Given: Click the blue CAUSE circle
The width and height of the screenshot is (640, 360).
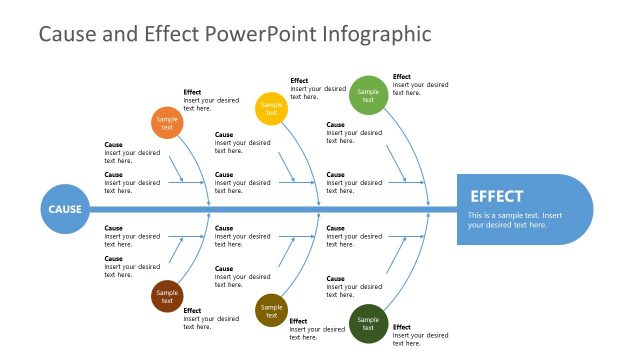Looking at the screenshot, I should (65, 210).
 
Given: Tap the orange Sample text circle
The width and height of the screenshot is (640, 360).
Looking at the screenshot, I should (167, 123).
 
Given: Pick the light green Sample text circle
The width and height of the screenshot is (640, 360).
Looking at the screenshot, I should (368, 95).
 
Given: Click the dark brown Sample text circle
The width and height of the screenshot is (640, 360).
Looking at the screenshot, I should (167, 296).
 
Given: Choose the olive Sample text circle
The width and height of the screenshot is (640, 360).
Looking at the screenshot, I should (271, 310).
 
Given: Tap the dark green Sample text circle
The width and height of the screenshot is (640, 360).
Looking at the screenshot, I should (368, 323).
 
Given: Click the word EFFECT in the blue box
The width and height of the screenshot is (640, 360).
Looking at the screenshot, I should (496, 197).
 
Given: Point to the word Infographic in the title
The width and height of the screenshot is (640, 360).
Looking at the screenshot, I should (377, 35).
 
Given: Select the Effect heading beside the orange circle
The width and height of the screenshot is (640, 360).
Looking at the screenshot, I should (192, 92).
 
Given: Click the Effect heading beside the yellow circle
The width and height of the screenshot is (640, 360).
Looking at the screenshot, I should (299, 81).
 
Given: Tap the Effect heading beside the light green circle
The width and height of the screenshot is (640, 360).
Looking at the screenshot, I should (401, 77).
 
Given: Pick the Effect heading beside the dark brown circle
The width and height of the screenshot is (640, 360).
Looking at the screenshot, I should (192, 311).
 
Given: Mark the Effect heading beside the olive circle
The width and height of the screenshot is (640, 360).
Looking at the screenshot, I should (298, 321).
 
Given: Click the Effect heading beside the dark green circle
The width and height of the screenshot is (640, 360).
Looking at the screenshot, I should (401, 327).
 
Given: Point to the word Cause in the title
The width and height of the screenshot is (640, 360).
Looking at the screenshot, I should (66, 35).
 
